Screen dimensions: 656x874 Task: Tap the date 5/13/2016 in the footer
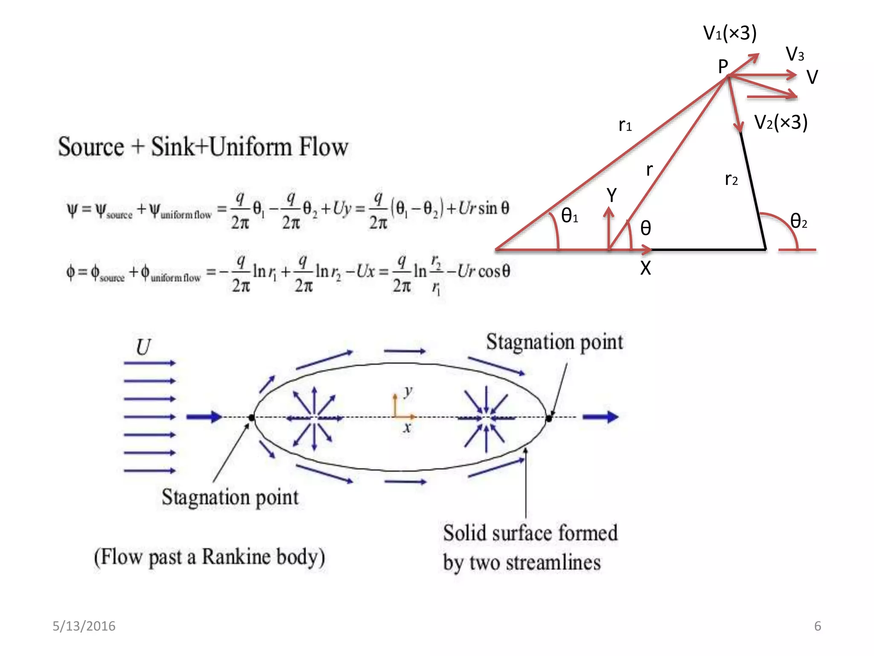coord(84,626)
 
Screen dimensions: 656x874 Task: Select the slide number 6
coord(818,626)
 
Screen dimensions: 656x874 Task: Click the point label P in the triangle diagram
coord(723,67)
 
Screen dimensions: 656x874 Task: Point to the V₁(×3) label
coord(730,33)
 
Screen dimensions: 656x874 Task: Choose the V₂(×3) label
coord(781,123)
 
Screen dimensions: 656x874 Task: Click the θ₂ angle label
coord(798,221)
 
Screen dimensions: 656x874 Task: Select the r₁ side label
coord(625,125)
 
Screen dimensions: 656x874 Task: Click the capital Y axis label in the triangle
coord(612,196)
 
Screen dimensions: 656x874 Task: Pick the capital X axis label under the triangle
coord(645,268)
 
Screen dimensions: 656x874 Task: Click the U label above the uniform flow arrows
coord(143,347)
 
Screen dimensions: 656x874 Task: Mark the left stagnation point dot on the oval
coord(252,417)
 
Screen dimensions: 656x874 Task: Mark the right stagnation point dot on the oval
coord(549,418)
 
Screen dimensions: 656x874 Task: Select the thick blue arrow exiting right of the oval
coord(600,417)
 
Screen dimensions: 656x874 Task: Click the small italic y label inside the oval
coord(408,390)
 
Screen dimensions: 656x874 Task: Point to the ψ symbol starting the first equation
coord(72,210)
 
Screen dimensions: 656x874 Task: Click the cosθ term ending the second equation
coord(494,271)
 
